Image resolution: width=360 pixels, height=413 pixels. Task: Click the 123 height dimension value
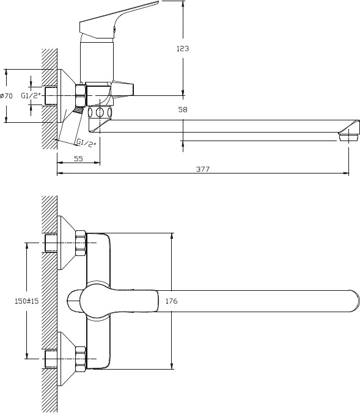183,48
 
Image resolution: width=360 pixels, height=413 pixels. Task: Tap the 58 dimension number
183,109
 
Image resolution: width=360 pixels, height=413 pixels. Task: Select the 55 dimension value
78,159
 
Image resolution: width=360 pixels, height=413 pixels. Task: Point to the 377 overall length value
203,169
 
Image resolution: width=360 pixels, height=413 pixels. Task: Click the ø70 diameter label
6,95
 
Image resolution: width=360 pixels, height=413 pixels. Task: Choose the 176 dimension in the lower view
172,301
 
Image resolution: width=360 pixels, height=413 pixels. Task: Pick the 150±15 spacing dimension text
27,301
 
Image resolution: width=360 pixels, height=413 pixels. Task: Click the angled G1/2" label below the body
86,143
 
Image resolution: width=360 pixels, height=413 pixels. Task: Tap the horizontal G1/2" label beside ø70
31,95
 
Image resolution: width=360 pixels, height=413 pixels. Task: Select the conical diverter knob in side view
123,89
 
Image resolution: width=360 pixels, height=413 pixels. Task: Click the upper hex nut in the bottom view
81,243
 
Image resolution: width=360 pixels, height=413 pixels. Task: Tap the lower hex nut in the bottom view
81,359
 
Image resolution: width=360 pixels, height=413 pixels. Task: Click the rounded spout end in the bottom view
354,301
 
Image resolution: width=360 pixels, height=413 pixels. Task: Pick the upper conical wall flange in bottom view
66,243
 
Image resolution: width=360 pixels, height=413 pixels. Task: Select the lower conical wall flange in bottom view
66,359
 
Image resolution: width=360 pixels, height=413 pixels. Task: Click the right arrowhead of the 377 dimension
346,174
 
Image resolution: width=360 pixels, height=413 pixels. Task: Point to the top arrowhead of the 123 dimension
183,4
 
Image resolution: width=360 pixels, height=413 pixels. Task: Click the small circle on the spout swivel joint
100,112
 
